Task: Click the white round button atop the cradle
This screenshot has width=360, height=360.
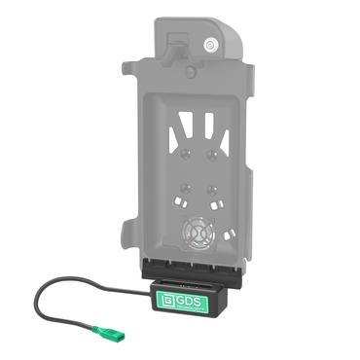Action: pos(210,44)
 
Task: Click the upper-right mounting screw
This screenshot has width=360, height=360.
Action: pos(211,153)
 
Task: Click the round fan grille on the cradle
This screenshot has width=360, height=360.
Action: pos(198,234)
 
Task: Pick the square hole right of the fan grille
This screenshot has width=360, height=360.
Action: pos(228,234)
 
